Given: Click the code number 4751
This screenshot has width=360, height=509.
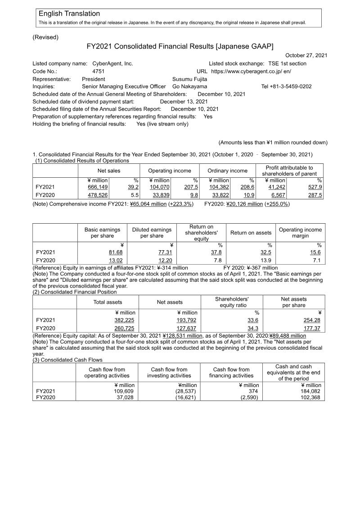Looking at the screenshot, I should tap(99, 71).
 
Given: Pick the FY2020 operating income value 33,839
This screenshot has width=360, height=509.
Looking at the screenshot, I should tap(160, 195).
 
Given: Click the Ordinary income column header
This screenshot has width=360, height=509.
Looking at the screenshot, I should tap(227, 171).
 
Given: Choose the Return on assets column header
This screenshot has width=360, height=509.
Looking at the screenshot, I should tap(251, 233).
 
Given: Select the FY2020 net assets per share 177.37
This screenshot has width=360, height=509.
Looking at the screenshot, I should tap(312, 329).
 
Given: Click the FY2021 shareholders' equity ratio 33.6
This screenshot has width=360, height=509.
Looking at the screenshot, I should tap(253, 320).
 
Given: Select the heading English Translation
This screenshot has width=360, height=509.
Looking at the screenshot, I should tap(69, 14).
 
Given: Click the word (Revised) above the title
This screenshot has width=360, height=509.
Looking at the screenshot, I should tap(45, 37).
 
